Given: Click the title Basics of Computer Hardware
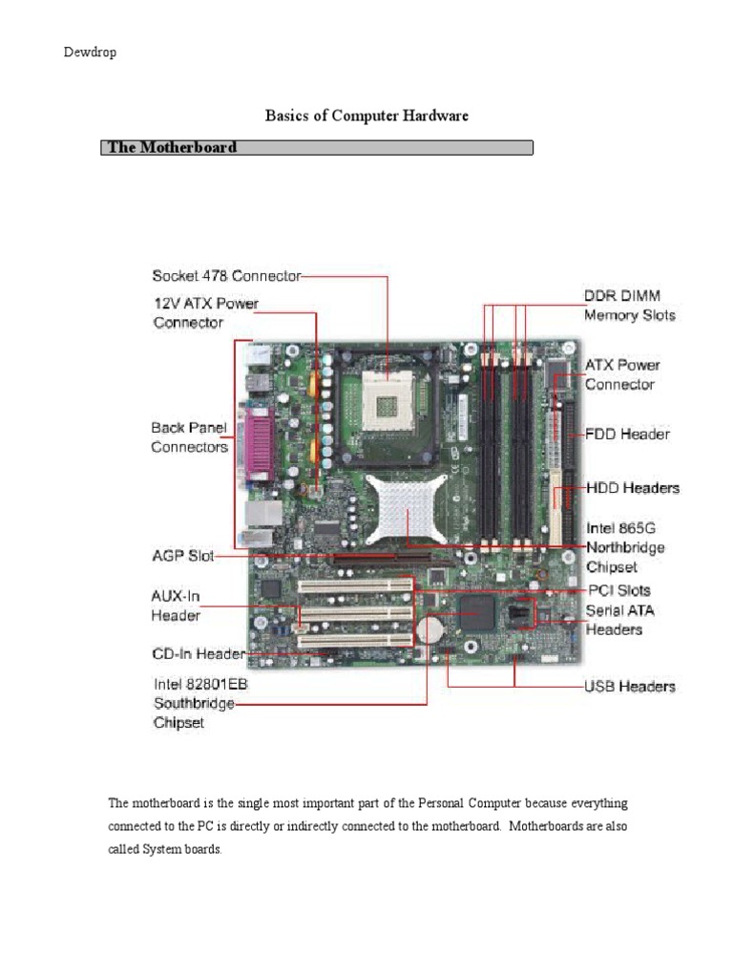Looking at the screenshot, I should click(366, 116).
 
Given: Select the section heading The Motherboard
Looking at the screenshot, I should click(173, 147).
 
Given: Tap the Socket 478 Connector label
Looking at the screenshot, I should click(226, 276).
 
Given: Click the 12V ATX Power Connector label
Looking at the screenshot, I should click(205, 312).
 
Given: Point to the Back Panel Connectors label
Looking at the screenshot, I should click(189, 436).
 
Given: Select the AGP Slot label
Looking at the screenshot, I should click(182, 555).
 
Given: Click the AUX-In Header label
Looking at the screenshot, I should click(176, 605).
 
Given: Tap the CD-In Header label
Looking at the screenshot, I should click(199, 654).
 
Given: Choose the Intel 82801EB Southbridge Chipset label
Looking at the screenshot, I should click(194, 703).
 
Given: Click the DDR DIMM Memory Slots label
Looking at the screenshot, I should click(629, 305).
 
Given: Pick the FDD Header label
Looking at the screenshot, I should click(627, 434).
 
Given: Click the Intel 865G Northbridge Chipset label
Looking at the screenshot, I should click(624, 547).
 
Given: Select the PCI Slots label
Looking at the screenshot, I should click(618, 590).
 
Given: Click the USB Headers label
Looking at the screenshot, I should click(629, 686).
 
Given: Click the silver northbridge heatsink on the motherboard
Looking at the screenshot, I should click(407, 512).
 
